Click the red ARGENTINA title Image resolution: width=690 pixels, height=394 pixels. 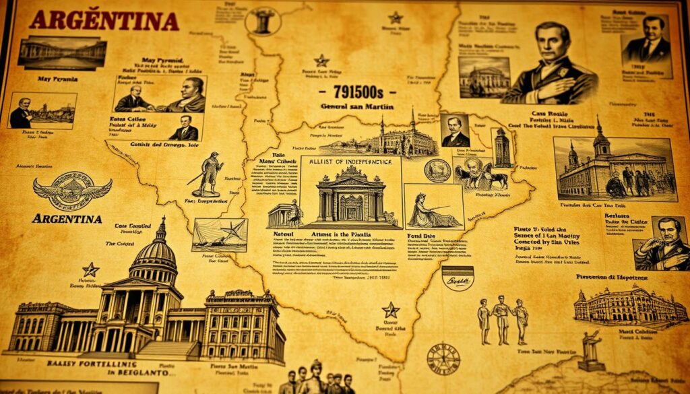point(104,21)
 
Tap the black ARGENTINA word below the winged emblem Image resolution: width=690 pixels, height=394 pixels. point(67,219)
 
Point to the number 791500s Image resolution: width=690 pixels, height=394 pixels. point(356,92)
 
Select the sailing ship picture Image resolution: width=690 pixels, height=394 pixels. point(219,235)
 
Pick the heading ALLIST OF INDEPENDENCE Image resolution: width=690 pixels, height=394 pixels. point(350,162)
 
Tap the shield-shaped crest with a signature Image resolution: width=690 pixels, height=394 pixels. point(458,277)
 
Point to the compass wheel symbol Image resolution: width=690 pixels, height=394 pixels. point(443,358)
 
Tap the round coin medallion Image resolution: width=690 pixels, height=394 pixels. point(437,170)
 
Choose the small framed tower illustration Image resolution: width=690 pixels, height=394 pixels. point(502,147)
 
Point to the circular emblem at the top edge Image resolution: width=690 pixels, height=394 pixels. point(263,21)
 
